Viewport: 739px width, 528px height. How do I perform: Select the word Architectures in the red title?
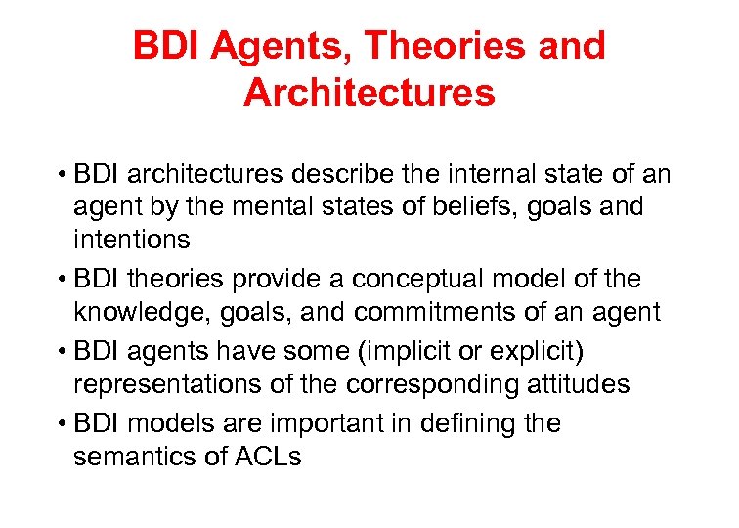click(369, 93)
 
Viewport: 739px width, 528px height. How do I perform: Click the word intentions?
click(131, 240)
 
